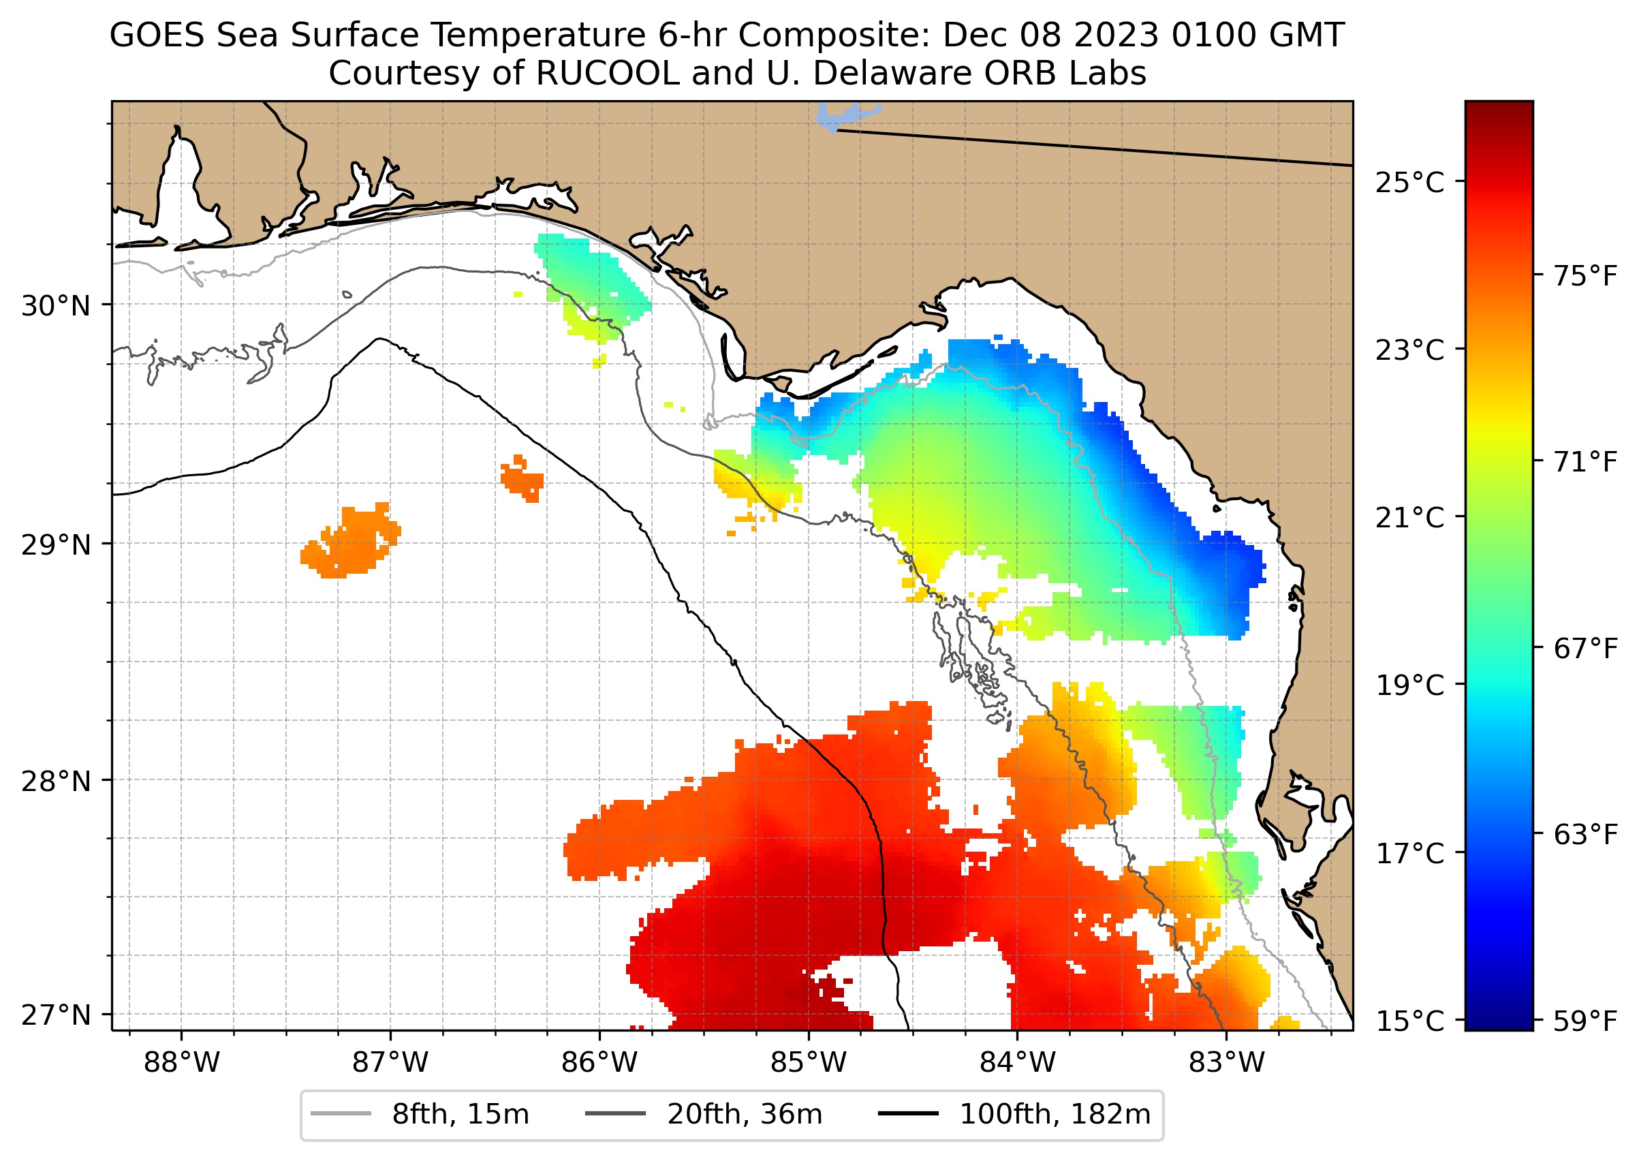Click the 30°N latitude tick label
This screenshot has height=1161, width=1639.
(56, 307)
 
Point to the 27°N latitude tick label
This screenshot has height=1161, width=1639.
(56, 1015)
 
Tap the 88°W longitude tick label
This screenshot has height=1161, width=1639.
(182, 1063)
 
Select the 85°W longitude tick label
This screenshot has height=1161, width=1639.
(809, 1063)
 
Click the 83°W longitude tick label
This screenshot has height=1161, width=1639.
(1227, 1063)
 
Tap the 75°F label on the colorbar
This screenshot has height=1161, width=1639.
(1585, 276)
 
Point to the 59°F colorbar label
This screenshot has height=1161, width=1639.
(1585, 1021)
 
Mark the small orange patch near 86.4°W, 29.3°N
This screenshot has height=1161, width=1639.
(522, 478)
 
